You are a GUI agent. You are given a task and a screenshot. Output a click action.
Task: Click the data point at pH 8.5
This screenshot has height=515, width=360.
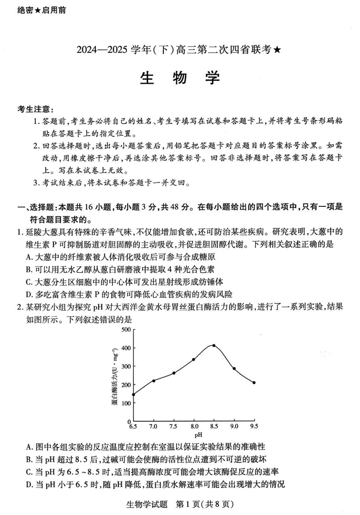pos(214,346)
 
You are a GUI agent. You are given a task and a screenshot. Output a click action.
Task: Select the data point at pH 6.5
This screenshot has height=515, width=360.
pos(133,395)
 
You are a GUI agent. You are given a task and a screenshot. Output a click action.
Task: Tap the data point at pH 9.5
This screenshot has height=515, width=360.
pos(254,382)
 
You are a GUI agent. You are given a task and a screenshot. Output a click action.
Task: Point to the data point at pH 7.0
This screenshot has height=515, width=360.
pos(154,381)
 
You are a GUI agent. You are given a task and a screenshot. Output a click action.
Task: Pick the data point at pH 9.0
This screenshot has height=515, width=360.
pos(234,369)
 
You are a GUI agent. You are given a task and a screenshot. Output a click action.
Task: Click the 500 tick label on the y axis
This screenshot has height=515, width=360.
pos(125,330)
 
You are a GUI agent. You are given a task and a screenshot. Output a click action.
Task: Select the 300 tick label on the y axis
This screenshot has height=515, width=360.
pos(125,366)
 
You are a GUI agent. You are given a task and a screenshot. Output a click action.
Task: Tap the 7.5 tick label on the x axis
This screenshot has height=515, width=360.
pos(173,426)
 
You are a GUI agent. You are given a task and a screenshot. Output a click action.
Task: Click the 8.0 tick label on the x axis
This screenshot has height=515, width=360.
pos(194,426)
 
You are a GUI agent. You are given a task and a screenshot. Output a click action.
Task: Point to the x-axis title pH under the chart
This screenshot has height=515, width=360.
pos(193,435)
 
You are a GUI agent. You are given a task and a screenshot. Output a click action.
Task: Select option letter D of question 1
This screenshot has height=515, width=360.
pos(29,294)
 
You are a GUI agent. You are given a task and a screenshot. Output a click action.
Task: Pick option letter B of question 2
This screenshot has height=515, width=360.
pos(29,459)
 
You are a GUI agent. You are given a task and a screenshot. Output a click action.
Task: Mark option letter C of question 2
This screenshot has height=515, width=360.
pos(29,472)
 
